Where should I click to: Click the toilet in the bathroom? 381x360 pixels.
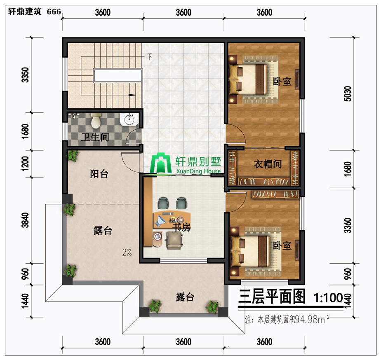96,120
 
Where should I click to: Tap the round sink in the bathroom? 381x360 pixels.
129,119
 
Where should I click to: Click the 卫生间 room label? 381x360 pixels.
95,137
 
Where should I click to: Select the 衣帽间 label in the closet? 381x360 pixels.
267,164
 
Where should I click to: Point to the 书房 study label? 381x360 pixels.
181,227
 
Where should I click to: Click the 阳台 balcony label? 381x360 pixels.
99,174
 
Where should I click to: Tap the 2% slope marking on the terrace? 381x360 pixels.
127,252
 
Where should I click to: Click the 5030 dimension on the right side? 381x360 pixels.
348,94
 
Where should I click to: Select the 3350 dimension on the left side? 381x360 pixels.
25,75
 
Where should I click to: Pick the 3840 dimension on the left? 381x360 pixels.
25,220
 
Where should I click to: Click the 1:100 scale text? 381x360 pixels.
328,297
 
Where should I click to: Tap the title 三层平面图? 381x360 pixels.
272,297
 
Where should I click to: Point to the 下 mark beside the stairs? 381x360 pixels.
149,56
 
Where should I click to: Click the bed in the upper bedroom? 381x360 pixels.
253,79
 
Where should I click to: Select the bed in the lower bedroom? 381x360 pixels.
255,252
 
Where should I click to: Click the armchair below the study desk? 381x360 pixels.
174,240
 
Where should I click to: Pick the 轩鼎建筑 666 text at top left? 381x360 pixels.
34,12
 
